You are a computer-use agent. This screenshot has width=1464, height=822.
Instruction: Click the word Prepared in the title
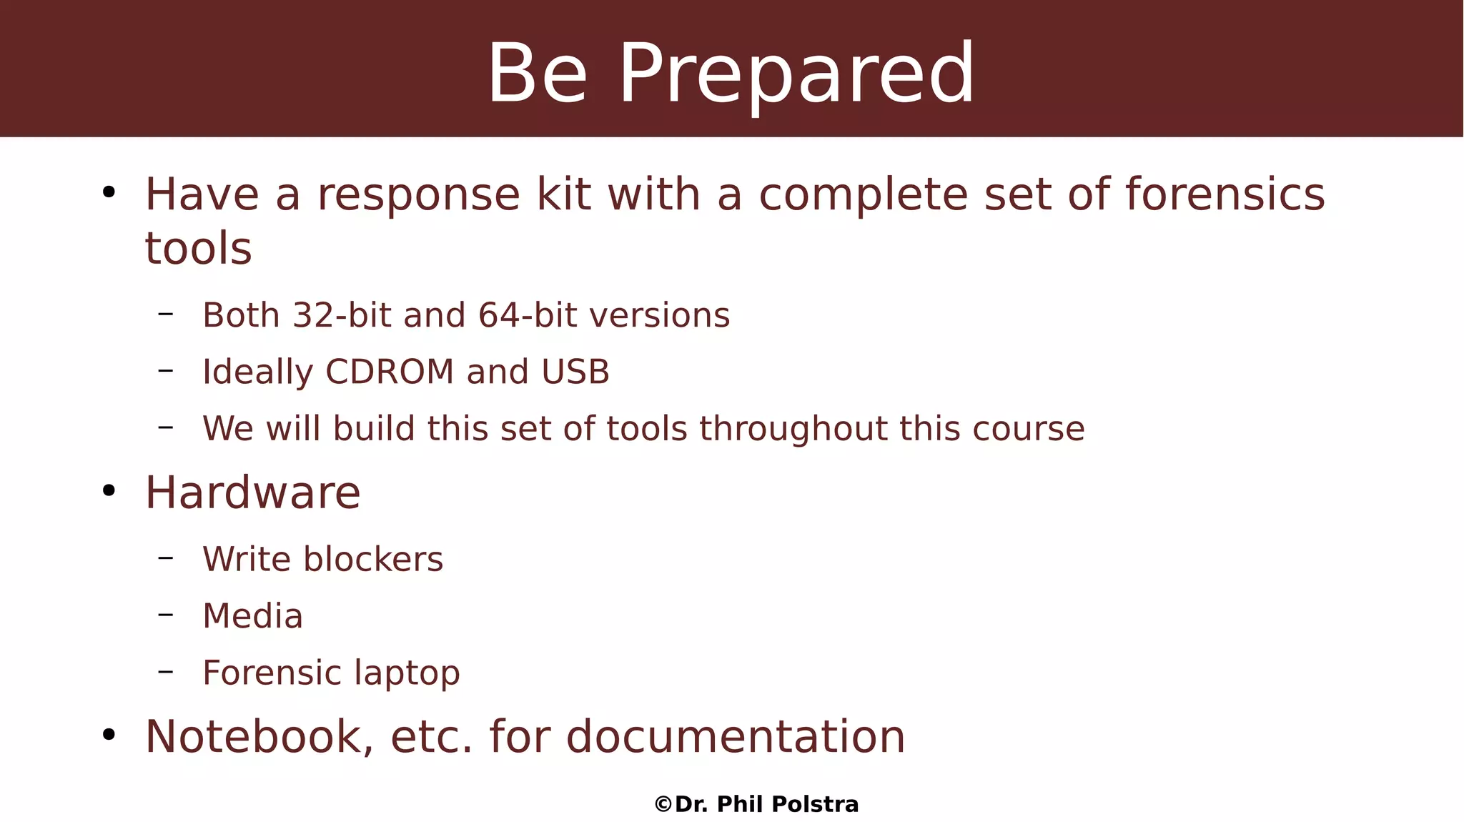point(796,74)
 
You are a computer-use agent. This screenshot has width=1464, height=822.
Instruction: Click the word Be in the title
point(538,74)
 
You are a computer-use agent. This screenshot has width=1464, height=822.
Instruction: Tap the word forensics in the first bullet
point(1225,194)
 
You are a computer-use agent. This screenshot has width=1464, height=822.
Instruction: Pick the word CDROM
point(390,372)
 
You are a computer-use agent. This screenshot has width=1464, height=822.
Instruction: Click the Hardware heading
point(252,492)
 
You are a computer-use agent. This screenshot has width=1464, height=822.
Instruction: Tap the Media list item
point(252,616)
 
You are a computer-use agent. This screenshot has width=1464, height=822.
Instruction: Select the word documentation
point(736,737)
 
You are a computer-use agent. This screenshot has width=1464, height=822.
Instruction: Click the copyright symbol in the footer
point(663,805)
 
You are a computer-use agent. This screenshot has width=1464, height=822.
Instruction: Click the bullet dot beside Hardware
point(109,491)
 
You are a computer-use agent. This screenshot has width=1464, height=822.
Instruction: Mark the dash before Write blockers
point(166,558)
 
